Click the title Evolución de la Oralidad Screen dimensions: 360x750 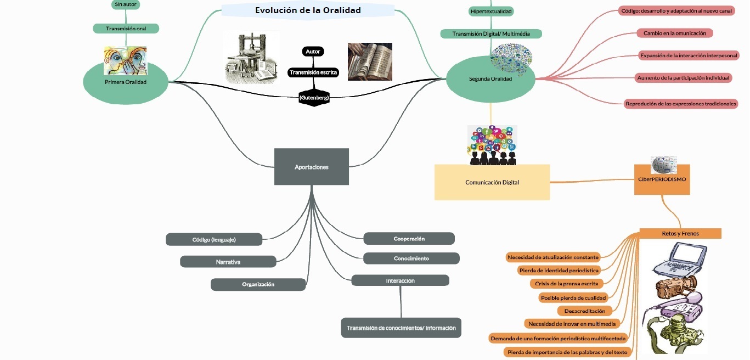[x=308, y=10]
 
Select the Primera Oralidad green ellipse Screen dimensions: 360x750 [x=126, y=82]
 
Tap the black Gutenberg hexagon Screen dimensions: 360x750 [x=314, y=98]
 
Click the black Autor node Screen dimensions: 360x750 [x=313, y=52]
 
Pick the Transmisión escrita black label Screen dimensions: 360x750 [x=314, y=72]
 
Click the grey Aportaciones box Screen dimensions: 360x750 [x=311, y=167]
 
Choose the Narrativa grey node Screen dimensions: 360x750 [x=228, y=262]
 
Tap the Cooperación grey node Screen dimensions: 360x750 [x=409, y=239]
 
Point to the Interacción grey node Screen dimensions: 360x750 [x=400, y=280]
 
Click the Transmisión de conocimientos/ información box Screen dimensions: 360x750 [x=401, y=328]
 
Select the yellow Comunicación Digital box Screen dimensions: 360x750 [x=492, y=182]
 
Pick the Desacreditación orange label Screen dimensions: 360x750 [x=584, y=311]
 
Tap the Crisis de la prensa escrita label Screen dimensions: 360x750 [x=567, y=284]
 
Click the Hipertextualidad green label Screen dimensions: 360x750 [x=492, y=11]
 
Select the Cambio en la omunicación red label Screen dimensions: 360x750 [x=674, y=33]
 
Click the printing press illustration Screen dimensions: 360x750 [x=252, y=57]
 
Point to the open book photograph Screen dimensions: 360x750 [x=370, y=61]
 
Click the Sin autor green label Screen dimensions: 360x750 [x=126, y=4]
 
